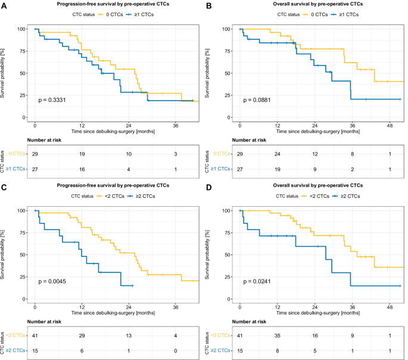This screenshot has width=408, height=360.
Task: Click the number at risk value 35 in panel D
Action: click(277, 336)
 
